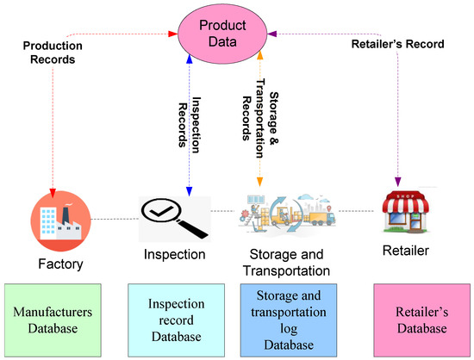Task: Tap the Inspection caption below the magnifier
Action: pos(175,255)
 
